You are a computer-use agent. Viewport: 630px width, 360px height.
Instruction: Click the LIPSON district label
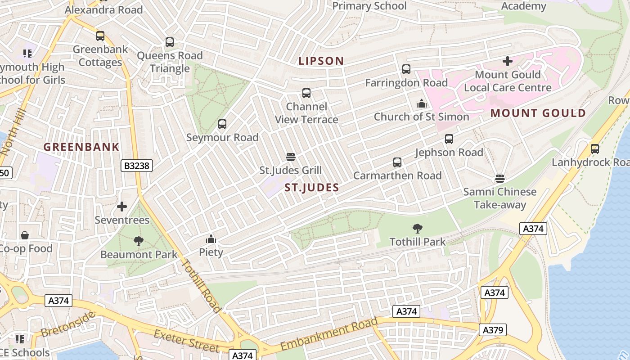click(x=321, y=61)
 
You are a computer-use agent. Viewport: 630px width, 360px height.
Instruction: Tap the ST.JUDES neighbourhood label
click(x=311, y=188)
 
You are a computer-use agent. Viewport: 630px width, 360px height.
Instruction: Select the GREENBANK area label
click(x=81, y=147)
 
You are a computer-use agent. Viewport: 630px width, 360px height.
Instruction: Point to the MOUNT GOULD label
click(x=538, y=113)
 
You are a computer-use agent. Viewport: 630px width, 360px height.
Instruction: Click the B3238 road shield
click(x=137, y=166)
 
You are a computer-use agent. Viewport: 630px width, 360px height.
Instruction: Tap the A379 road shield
click(x=492, y=330)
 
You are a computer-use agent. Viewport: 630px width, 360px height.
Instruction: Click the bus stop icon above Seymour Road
click(x=222, y=124)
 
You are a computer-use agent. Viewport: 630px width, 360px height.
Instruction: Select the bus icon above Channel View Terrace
click(x=306, y=93)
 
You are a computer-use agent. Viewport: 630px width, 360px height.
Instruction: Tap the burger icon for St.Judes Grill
click(x=291, y=157)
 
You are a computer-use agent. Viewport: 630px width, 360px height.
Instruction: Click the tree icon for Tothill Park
click(x=417, y=229)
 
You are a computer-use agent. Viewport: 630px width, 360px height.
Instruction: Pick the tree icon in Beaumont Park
click(x=139, y=241)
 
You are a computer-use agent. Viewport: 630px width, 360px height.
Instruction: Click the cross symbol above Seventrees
click(x=122, y=207)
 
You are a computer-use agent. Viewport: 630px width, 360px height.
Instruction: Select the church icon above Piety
click(x=211, y=239)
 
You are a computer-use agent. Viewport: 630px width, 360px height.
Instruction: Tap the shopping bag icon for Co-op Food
click(x=25, y=235)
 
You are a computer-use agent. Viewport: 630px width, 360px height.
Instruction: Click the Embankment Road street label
click(x=329, y=334)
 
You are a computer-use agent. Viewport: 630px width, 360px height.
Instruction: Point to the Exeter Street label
click(x=186, y=341)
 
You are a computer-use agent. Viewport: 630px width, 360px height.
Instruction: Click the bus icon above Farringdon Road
click(x=406, y=69)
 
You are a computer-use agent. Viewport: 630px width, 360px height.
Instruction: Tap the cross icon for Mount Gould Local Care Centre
click(x=508, y=61)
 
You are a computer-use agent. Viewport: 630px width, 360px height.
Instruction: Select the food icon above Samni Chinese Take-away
click(x=500, y=179)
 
